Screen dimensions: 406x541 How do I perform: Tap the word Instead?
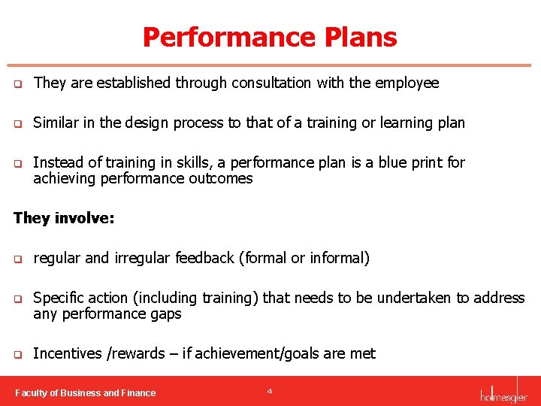point(57,162)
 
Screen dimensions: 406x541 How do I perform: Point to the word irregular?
point(142,258)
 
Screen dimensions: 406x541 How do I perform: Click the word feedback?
point(204,258)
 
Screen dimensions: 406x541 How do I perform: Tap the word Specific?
point(60,298)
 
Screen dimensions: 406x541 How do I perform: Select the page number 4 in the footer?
point(269,391)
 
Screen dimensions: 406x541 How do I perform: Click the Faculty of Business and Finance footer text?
point(86,392)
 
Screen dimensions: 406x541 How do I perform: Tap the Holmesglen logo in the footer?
point(503,392)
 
